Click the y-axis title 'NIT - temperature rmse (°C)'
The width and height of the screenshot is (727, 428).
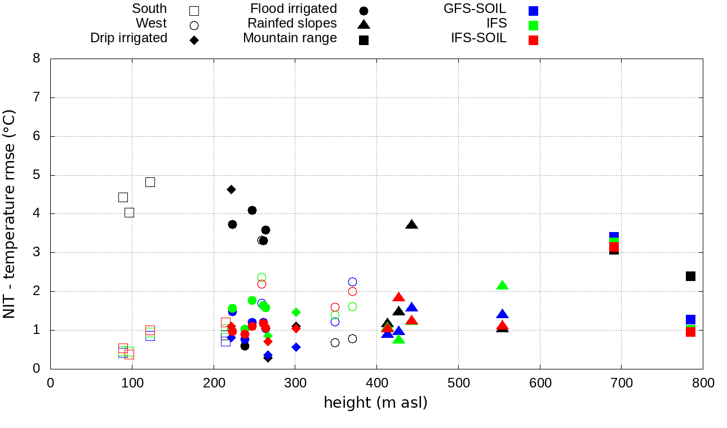tap(10, 214)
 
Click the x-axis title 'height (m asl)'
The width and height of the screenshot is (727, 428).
tap(375, 403)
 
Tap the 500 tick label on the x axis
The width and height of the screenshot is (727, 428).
tap(458, 384)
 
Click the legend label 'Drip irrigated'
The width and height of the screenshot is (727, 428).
tap(128, 38)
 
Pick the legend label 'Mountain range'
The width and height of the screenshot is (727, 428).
tap(290, 38)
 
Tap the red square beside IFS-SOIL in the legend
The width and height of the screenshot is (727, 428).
tap(533, 40)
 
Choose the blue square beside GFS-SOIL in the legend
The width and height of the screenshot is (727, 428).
tap(533, 11)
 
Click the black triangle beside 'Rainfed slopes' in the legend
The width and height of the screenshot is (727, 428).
tap(363, 24)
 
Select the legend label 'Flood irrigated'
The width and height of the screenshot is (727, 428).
tap(294, 9)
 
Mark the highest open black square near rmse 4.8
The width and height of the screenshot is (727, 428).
tap(150, 182)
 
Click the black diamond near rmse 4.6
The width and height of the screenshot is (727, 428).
tap(231, 189)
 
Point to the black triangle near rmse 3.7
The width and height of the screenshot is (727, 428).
tap(411, 225)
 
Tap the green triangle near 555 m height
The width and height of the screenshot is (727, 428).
tap(502, 286)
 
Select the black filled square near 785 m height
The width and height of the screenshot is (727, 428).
tap(690, 276)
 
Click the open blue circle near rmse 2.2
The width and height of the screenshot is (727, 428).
tap(352, 282)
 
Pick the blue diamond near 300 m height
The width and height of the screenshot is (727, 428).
tap(296, 347)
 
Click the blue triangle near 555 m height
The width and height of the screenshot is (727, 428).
tap(502, 314)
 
